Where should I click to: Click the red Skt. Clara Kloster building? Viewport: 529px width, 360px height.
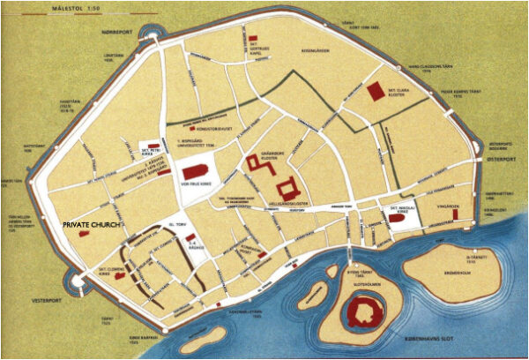pyautogui.click(x=376, y=92)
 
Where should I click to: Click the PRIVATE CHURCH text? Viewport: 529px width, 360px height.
pyautogui.click(x=96, y=226)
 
